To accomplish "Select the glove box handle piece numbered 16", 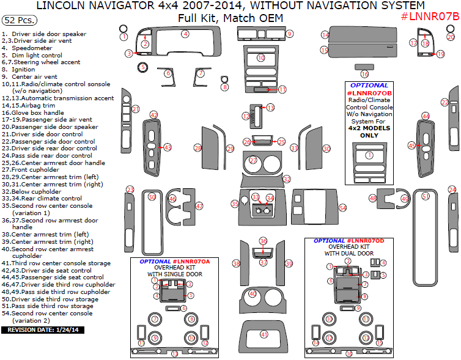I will tap(364, 66).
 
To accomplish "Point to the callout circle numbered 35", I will tap(235, 204).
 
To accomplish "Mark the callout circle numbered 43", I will tap(167, 147).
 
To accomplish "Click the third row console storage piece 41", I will tap(264, 334).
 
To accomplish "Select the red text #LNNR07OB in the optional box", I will tap(369, 92).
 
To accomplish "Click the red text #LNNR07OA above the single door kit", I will tap(191, 261).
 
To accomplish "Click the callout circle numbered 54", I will tap(343, 208).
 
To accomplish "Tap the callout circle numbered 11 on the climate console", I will tap(282, 89).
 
